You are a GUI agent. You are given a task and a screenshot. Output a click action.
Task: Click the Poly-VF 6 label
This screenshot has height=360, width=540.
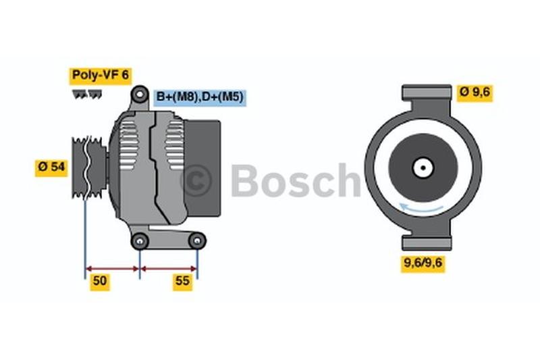pos(100,76)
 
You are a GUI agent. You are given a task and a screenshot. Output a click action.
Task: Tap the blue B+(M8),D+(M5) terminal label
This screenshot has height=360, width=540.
pos(200,97)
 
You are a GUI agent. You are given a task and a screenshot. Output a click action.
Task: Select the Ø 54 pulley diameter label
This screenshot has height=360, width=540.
pos(51,168)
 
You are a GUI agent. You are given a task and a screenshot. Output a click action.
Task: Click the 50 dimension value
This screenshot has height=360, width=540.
pos(100,281)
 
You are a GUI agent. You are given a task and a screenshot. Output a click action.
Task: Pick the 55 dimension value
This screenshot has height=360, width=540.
pos(182,281)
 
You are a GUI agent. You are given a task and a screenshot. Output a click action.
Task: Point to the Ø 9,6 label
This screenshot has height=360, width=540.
pos(475,93)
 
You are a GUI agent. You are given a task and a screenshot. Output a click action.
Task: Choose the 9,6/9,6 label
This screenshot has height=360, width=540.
pos(423,263)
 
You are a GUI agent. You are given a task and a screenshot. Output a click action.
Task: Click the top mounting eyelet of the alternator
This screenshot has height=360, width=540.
pos(140,94)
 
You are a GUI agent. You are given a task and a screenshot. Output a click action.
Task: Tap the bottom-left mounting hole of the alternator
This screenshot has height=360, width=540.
pos(140,241)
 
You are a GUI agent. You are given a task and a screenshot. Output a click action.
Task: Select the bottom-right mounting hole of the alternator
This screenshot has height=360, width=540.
pos(197,241)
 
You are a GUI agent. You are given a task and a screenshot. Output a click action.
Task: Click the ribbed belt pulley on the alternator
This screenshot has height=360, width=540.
pos(89,168)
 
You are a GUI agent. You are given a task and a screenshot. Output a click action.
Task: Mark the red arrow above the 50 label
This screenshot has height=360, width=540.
pos(112,269)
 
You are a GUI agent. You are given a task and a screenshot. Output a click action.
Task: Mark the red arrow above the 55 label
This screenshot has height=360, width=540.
pos(169,269)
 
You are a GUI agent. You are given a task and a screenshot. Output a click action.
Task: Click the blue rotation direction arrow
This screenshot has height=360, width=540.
pos(421,208)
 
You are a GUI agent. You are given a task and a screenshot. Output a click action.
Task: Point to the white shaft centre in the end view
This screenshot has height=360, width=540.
pos(423,168)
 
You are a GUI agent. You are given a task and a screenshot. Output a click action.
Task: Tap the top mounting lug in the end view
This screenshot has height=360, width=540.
pos(427,93)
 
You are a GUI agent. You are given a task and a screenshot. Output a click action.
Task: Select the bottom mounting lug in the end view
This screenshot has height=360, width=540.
pos(427,242)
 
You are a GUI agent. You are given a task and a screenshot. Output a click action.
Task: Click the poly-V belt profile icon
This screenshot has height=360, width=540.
pos(87,95)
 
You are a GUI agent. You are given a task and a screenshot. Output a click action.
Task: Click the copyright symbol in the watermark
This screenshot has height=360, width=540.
pos(197,180)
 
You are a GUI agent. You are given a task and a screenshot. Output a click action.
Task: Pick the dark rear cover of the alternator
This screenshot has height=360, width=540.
pos(202,168)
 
